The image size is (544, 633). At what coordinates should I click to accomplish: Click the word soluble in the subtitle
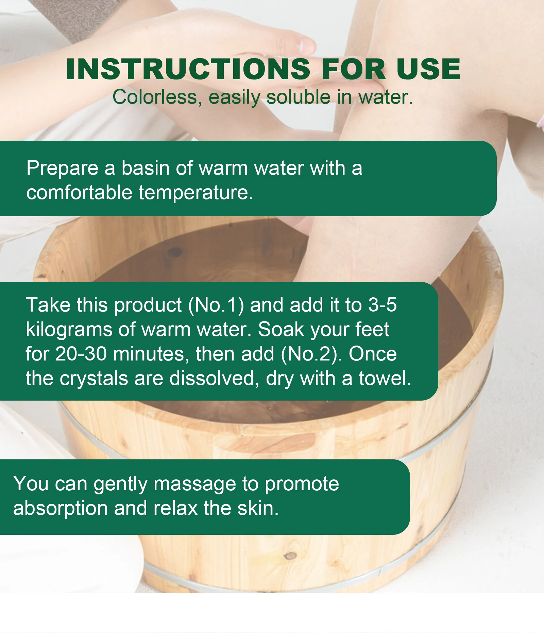[298, 97]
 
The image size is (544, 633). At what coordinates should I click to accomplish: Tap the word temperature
[195, 193]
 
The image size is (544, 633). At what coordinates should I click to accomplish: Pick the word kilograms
[69, 330]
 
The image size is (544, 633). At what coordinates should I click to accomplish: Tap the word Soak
[280, 329]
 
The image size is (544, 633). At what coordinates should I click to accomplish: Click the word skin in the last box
[258, 508]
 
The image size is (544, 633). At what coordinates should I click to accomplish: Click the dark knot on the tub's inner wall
[174, 252]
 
